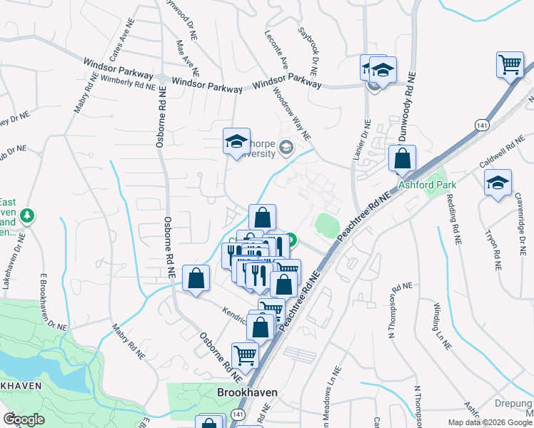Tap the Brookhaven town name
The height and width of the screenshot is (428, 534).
(247, 393)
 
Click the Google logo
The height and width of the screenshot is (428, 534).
(24, 419)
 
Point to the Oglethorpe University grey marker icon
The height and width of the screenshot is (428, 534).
(286, 148)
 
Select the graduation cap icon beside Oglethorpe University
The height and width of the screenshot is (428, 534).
(236, 142)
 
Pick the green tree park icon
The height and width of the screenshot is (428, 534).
(27, 214)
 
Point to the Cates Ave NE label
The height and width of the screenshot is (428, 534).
(118, 44)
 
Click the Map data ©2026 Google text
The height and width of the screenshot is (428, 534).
(490, 422)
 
